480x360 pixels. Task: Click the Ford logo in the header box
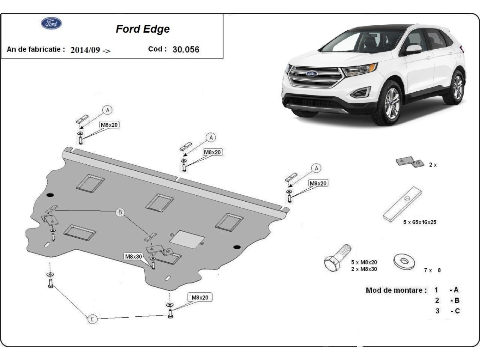[x=52, y=23]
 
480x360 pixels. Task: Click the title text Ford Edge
[x=142, y=29]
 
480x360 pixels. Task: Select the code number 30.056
[x=186, y=50]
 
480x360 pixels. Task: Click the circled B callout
[x=120, y=212]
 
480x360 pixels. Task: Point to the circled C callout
[x=92, y=319]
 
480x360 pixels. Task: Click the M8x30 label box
[x=133, y=256]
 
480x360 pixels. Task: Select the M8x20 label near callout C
[x=200, y=297]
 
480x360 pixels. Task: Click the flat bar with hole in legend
[x=402, y=204]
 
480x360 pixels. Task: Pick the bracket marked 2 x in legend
[x=410, y=162]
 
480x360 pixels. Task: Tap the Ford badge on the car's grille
[x=312, y=74]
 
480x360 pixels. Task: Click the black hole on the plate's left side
[x=50, y=195]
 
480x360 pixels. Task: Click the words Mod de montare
[x=396, y=290]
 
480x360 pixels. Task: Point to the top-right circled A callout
[x=316, y=168]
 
